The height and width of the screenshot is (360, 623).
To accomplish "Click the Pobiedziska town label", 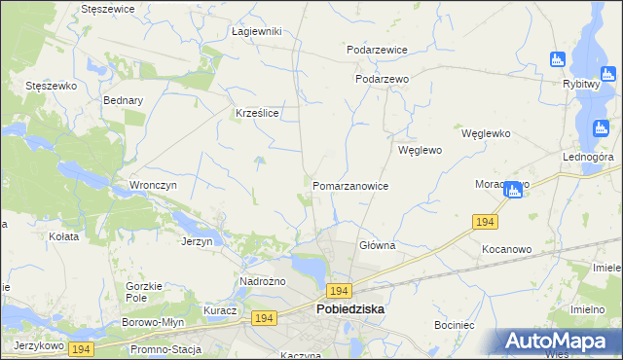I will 349,309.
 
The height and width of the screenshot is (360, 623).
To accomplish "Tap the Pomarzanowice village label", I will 350,186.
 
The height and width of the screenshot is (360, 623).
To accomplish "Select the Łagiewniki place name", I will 256,31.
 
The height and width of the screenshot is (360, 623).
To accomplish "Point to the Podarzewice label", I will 377,50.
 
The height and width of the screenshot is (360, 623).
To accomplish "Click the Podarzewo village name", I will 381,80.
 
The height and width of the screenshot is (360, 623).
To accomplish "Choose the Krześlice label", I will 258,113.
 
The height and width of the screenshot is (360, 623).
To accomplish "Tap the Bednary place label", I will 123,100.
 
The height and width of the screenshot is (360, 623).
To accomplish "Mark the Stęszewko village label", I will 51,86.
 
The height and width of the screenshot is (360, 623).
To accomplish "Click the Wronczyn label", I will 152,185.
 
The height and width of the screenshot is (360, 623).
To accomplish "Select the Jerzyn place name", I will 197,241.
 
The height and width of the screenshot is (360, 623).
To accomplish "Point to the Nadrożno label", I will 260,282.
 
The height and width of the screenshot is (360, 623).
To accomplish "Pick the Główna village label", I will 377,246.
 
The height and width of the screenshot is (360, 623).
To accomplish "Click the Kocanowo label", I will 506,249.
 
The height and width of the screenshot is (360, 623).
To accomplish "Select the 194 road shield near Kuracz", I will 263,318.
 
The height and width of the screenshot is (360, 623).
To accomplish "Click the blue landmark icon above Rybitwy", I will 558,59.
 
